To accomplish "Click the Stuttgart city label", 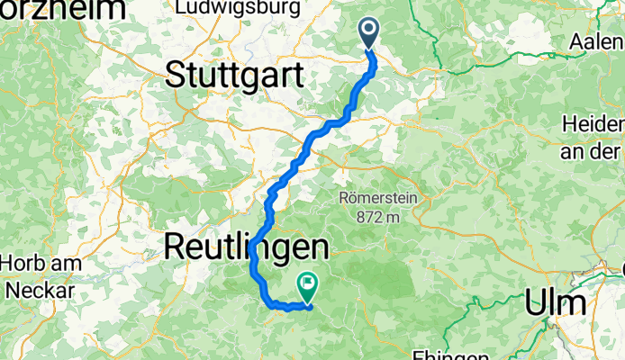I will point(235,76).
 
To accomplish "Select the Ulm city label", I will point(556,301).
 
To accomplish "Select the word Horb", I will point(24,265).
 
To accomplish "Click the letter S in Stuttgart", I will point(176,76).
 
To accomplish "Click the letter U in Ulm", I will point(538,301).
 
